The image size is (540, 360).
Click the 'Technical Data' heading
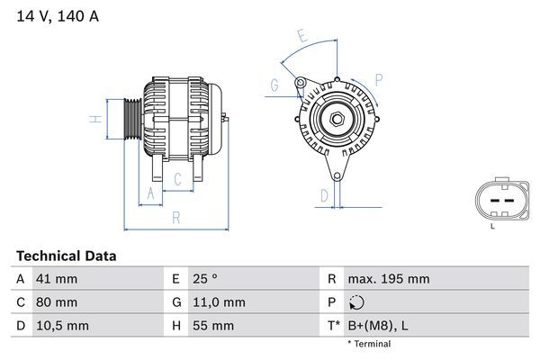click(x=66, y=256)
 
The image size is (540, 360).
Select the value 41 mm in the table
click(x=55, y=279)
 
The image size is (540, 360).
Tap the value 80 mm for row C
click(x=55, y=302)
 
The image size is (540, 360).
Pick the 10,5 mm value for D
click(x=61, y=326)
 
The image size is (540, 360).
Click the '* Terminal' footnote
click(x=369, y=344)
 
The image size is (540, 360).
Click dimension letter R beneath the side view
click(x=175, y=218)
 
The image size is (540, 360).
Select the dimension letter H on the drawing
click(x=94, y=119)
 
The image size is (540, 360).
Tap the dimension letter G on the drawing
click(x=274, y=86)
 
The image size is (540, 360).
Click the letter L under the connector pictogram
click(x=492, y=226)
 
